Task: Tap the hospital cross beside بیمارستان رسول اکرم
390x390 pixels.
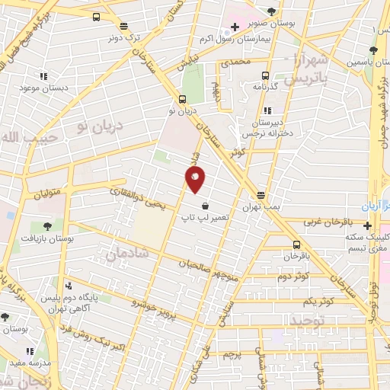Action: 235,28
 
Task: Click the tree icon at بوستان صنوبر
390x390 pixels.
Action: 271,12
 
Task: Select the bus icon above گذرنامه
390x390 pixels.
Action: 265,75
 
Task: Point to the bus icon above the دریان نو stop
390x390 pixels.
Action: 182,99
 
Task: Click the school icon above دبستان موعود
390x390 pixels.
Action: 43,76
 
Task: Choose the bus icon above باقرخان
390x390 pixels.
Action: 296,245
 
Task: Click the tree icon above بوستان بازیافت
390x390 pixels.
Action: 47,226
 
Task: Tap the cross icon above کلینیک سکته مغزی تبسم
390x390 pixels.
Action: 368,225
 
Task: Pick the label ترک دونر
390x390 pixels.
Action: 125,35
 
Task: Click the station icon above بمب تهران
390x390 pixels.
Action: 261,196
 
